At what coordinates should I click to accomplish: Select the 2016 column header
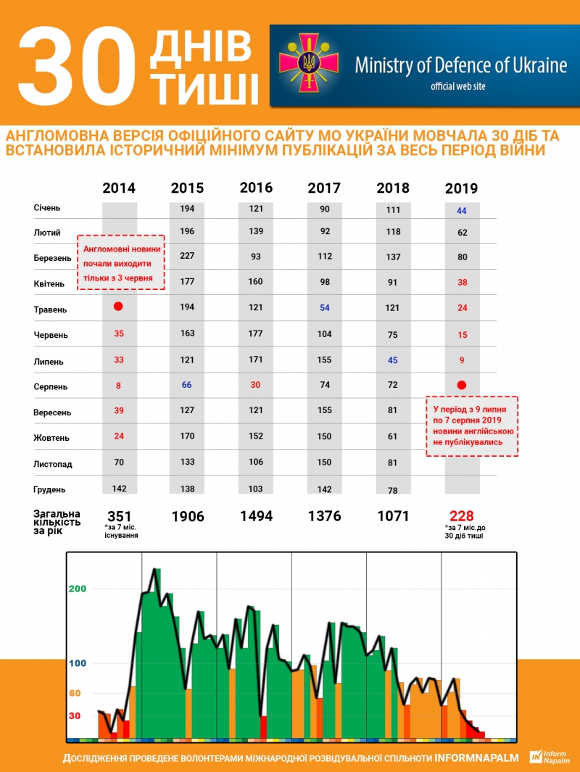click(x=256, y=188)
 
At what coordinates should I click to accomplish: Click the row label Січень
click(x=47, y=208)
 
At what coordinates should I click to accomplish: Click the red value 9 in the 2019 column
click(x=462, y=360)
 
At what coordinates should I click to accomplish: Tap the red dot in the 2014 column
click(x=119, y=307)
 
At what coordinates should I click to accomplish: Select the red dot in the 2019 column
click(x=461, y=385)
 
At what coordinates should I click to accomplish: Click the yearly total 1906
click(x=188, y=517)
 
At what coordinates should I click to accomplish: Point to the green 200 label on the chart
click(x=78, y=589)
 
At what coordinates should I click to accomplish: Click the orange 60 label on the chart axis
click(x=75, y=693)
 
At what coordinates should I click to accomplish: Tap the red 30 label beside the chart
click(x=75, y=715)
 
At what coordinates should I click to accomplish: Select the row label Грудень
click(x=50, y=489)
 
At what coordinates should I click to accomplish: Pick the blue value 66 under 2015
click(x=187, y=385)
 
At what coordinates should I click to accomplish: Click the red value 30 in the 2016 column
click(x=256, y=385)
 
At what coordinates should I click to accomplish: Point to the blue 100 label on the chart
click(x=78, y=663)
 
